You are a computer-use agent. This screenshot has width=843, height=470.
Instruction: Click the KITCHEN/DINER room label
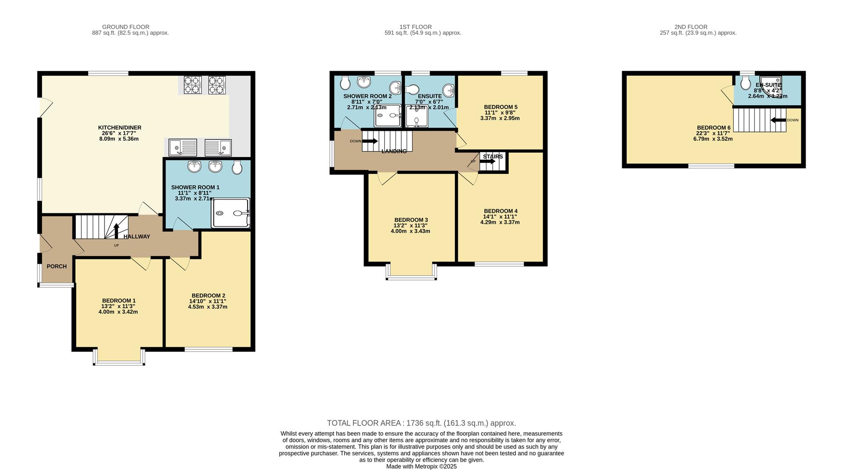tap(119, 128)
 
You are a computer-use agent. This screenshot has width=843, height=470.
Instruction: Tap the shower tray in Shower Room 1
tap(230, 213)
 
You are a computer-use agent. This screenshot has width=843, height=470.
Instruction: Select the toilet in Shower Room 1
tap(237, 167)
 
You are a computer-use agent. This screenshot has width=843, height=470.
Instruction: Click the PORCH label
tap(57, 266)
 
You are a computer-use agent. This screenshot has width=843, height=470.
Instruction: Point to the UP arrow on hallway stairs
tap(116, 230)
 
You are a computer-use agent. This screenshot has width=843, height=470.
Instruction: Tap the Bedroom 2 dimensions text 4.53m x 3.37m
tap(208, 307)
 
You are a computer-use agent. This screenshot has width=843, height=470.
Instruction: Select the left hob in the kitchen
tap(192, 85)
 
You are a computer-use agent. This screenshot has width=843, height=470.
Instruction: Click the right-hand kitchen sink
tap(218, 147)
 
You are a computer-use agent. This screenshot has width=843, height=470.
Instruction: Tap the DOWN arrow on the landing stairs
tap(369, 141)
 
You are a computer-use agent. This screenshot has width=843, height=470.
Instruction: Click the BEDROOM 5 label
tap(501, 107)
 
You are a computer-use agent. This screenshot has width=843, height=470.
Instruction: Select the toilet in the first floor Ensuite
tap(412, 90)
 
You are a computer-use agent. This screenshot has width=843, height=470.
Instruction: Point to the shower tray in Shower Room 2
tap(387, 115)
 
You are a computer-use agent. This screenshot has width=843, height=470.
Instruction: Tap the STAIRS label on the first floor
tap(493, 157)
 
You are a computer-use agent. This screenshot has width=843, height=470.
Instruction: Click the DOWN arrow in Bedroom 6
tap(778, 120)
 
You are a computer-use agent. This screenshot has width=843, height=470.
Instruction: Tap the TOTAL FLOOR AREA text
tap(421, 423)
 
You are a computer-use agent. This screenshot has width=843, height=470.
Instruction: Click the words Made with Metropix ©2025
tap(421, 466)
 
